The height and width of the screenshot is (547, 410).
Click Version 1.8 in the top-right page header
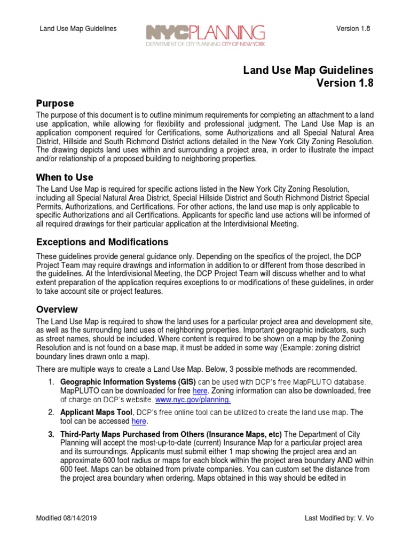click(x=353, y=28)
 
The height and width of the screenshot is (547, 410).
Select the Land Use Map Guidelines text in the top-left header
click(x=78, y=28)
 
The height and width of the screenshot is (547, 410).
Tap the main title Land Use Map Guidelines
click(x=308, y=71)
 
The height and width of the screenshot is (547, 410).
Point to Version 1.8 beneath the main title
click(x=345, y=83)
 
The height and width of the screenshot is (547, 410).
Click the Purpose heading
click(x=55, y=103)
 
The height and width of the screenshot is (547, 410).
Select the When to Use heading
click(x=65, y=177)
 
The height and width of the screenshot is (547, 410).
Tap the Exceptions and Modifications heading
click(x=102, y=242)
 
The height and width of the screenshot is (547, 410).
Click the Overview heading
click(x=57, y=309)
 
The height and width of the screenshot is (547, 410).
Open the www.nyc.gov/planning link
click(x=193, y=400)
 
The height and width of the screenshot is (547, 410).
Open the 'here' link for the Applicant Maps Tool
click(x=139, y=421)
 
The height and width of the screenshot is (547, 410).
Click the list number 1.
click(x=51, y=382)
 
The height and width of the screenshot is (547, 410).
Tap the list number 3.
click(x=51, y=434)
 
